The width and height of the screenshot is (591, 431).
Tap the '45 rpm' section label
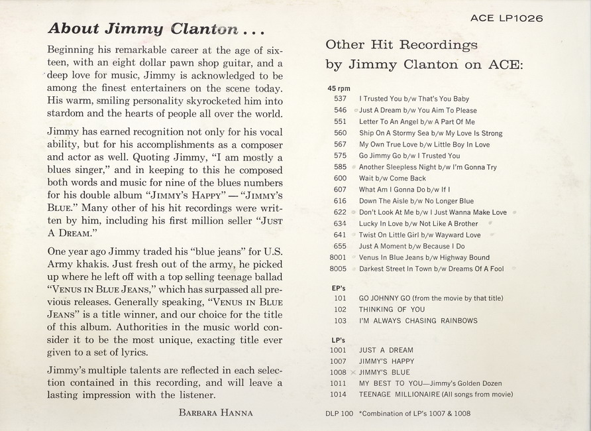pos(339,88)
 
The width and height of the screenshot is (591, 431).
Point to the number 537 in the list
pos(341,99)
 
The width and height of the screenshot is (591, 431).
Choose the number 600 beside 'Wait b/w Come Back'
pos(341,178)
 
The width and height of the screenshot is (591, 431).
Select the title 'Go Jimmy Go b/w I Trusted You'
pos(409,156)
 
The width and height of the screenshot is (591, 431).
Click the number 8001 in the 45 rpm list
pos(338,257)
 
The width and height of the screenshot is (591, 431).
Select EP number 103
pos(341,321)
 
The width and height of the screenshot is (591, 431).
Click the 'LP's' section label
pos(339,340)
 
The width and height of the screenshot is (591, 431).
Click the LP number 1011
pos(338,384)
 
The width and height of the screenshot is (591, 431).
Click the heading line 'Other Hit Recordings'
pos(402,45)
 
